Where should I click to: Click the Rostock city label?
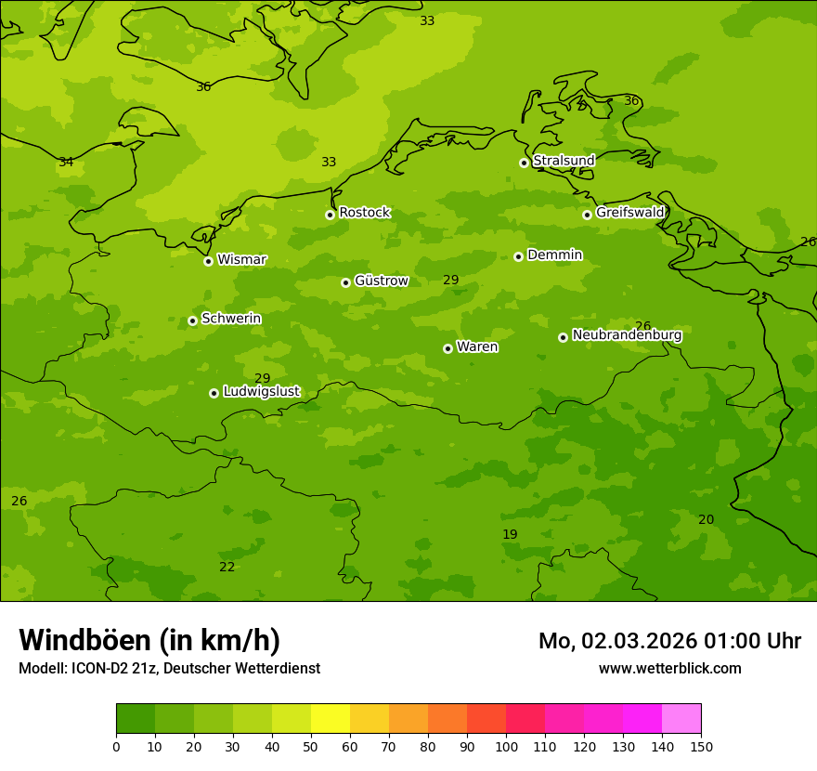364,213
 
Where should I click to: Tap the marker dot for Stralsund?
524,163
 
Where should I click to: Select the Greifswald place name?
629,213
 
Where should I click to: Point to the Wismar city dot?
208,261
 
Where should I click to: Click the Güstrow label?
381,281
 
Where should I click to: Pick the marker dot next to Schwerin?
192,320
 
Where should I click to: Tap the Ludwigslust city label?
261,392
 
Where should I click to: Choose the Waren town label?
477,347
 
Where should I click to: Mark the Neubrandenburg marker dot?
563,337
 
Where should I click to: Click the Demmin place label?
554,255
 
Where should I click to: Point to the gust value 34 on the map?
66,163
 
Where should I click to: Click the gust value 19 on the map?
510,534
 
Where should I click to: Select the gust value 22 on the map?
227,567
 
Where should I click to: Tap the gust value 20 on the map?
706,519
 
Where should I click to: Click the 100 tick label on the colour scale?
506,746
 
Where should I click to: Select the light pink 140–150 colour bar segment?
681,719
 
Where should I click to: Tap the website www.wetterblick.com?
669,668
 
